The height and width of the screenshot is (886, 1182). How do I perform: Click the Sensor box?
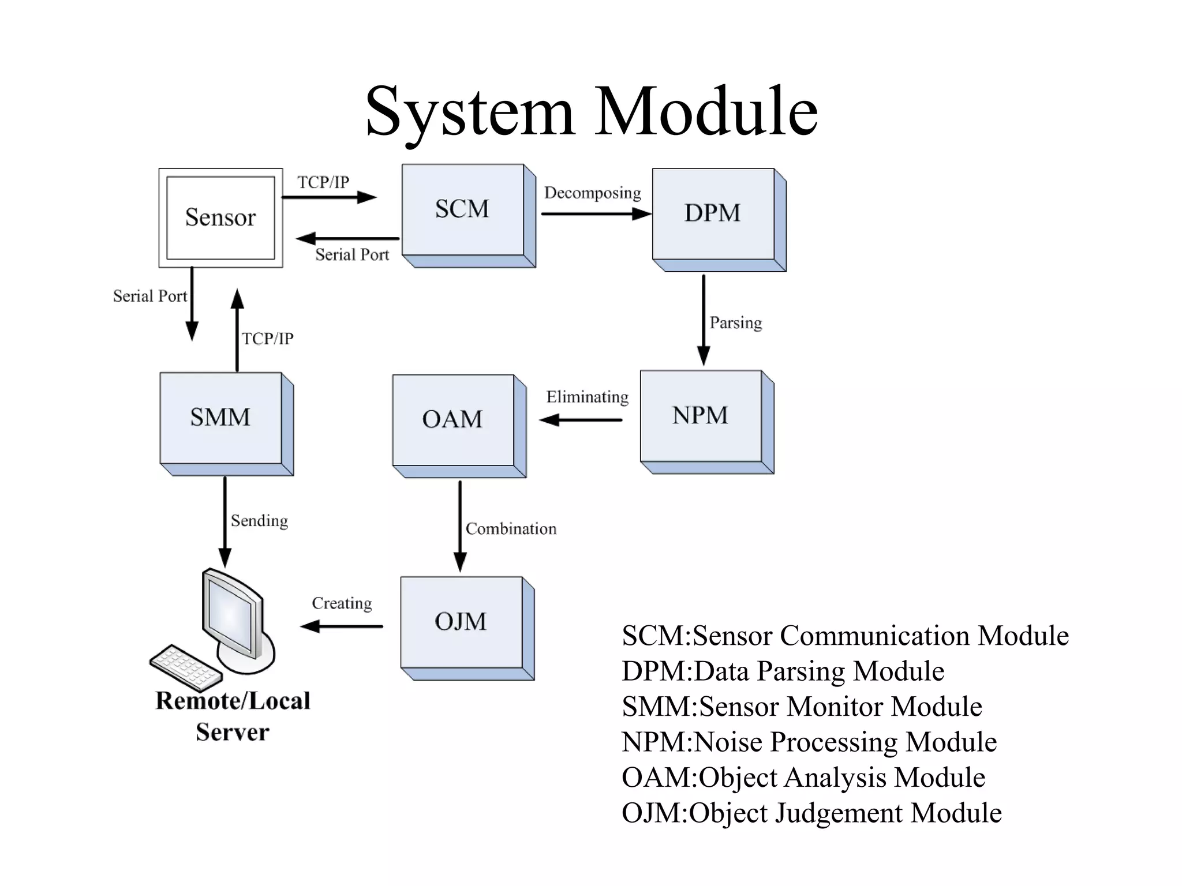(220, 217)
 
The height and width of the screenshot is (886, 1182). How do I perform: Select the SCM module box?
(462, 209)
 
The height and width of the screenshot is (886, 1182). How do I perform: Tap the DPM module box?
(713, 213)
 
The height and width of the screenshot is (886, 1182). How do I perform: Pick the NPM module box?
(701, 415)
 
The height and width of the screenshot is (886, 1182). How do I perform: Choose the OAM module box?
(453, 419)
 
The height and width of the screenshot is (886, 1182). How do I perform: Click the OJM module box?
(461, 622)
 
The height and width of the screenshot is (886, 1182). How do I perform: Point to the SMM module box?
(220, 417)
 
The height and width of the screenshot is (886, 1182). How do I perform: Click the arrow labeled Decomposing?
(594, 214)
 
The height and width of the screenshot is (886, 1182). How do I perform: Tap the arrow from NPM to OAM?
(581, 420)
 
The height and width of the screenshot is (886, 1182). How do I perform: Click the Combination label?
(511, 529)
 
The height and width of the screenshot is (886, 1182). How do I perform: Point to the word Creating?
(342, 603)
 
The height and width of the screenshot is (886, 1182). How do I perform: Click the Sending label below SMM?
(259, 521)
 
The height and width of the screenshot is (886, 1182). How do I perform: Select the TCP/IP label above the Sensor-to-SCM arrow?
(323, 182)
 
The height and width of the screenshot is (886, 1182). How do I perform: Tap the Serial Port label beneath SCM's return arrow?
(352, 255)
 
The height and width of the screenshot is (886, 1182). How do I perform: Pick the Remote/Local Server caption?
(233, 716)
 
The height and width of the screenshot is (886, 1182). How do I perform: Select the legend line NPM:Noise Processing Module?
(809, 742)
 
